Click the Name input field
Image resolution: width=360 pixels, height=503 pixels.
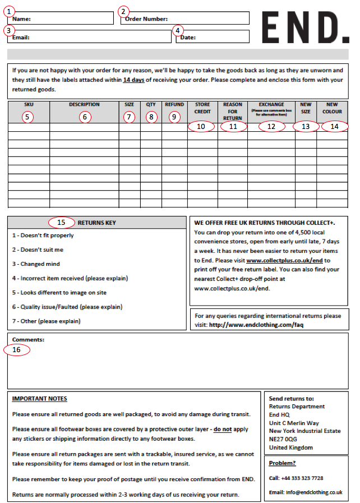pyautogui.click(x=70, y=19)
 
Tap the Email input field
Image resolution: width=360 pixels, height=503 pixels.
pyautogui.click(x=98, y=37)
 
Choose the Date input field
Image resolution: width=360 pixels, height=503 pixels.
pyautogui.click(x=219, y=37)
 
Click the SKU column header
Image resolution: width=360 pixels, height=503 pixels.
pyautogui.click(x=29, y=105)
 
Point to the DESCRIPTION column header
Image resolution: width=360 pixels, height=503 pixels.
pyautogui.click(x=84, y=105)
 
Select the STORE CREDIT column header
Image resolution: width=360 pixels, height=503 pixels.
pyautogui.click(x=202, y=108)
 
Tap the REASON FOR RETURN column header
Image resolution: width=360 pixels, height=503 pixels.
pyautogui.click(x=233, y=111)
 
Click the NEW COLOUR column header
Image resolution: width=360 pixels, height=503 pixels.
pyautogui.click(x=332, y=108)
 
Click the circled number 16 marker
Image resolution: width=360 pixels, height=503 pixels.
pyautogui.click(x=17, y=349)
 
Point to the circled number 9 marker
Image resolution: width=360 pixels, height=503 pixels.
pyautogui.click(x=174, y=117)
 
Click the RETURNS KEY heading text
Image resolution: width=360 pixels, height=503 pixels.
pyautogui.click(x=97, y=223)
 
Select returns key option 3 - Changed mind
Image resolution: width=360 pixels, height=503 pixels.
pyautogui.click(x=36, y=264)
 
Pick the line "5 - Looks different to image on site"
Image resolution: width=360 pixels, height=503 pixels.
pyautogui.click(x=59, y=292)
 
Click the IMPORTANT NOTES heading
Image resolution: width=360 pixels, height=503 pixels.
pyautogui.click(x=39, y=399)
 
